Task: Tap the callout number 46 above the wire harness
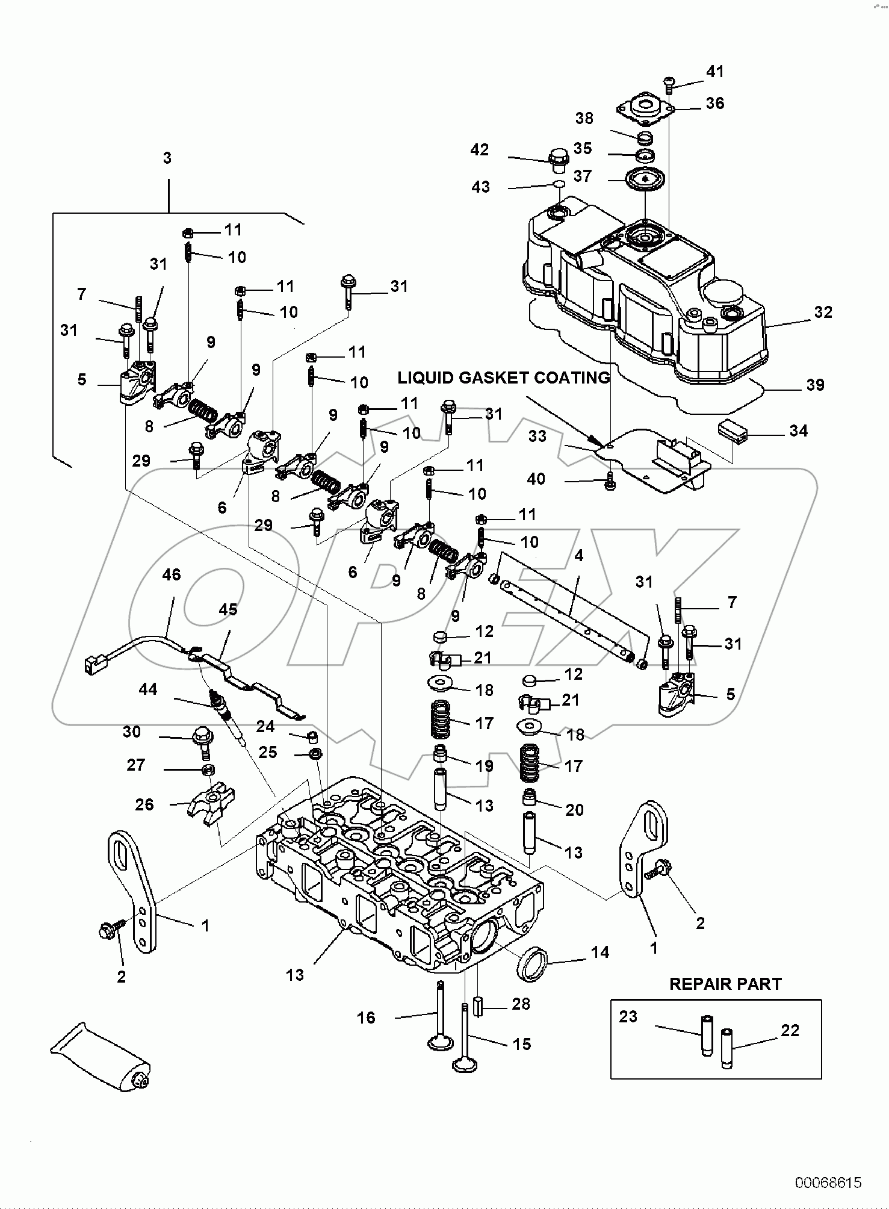[x=172, y=574]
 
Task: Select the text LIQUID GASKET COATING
[x=504, y=378]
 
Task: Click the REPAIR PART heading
[x=725, y=984]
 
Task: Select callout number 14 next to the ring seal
[x=599, y=952]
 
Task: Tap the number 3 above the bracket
[x=167, y=158]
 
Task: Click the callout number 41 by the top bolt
[x=715, y=71]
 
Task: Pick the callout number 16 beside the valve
[x=366, y=1018]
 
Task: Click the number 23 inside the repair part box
[x=628, y=1016]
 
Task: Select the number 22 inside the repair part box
[x=790, y=1030]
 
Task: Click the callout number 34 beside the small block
[x=798, y=430]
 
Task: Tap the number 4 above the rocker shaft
[x=578, y=555]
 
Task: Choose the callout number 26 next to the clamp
[x=144, y=804]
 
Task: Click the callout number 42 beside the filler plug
[x=480, y=149]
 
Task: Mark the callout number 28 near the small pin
[x=521, y=1004]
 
